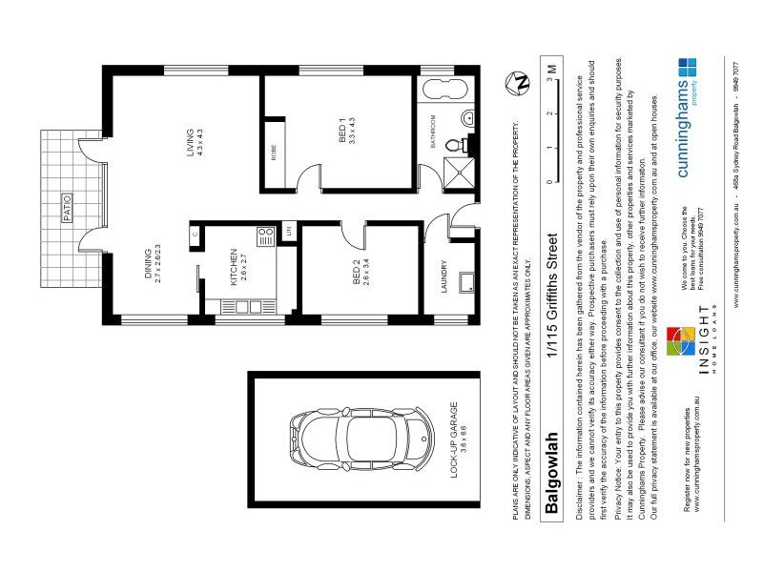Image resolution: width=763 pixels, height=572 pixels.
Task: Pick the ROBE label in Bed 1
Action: [274, 153]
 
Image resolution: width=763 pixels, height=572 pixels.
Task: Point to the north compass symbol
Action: [521, 83]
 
